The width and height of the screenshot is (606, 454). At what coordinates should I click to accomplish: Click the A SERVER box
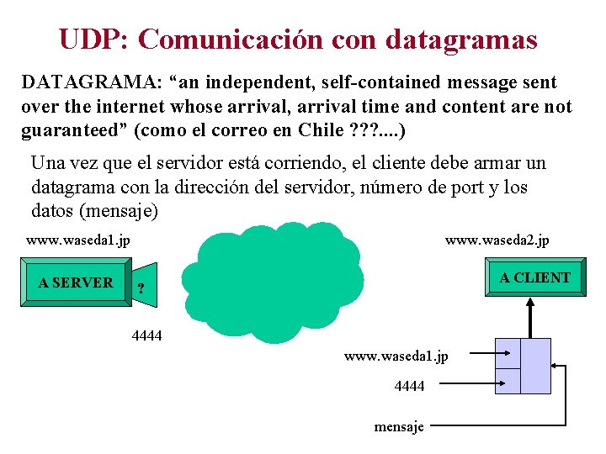[x=76, y=282]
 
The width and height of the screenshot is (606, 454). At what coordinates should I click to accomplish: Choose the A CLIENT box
[x=534, y=277]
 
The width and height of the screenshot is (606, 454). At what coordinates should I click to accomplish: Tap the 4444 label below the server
[x=147, y=336]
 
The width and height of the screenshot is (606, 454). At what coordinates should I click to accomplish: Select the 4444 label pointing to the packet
[x=409, y=386]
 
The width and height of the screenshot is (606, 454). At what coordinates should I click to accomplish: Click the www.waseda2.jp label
[x=497, y=241]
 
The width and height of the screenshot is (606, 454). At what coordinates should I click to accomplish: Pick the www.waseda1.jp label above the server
[x=77, y=241]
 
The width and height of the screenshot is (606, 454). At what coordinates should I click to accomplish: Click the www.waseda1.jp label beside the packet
[x=396, y=356]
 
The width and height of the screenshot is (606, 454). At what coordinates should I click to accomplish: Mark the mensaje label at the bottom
[x=399, y=426]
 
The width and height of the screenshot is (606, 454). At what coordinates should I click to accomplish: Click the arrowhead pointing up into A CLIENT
[x=531, y=303]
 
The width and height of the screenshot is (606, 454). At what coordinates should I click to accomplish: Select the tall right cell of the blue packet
[x=536, y=366]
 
